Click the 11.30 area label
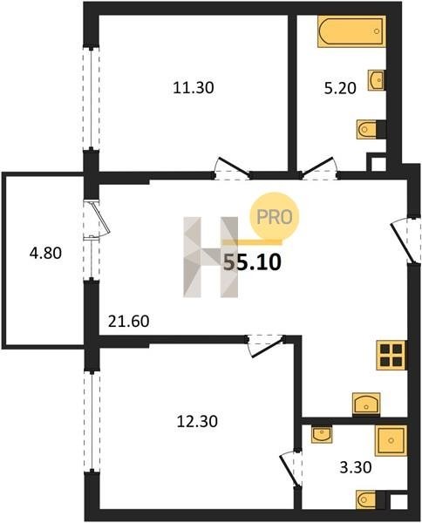point(194,88)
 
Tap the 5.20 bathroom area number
point(340,89)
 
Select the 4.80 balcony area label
point(45,253)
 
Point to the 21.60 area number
point(129,322)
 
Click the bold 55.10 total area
point(252,262)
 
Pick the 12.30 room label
point(197,422)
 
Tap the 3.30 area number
point(356,467)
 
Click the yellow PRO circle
point(275,217)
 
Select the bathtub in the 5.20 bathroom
point(351,31)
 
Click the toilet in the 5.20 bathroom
point(371,129)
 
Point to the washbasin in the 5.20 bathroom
point(377,80)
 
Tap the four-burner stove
point(391,356)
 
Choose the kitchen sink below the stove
point(366,404)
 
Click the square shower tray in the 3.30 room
point(391,440)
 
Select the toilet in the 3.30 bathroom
point(371,500)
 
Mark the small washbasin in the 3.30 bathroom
point(322,434)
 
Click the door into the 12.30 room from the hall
point(266,346)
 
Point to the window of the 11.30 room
point(91,98)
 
